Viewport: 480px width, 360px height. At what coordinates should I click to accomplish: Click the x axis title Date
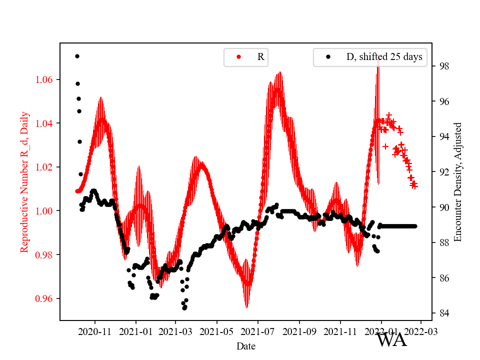(246, 345)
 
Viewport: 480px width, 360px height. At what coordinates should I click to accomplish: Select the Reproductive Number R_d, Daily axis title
(24, 181)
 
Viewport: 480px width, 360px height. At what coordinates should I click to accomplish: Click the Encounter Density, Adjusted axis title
(457, 181)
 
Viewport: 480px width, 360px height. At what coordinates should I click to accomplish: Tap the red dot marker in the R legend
(238, 57)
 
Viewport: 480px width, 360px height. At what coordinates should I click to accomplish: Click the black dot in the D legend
(328, 57)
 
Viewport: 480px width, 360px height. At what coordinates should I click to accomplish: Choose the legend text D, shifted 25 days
(384, 57)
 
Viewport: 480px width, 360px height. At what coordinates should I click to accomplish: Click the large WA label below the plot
(391, 340)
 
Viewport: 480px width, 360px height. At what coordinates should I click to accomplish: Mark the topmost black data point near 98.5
(77, 56)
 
